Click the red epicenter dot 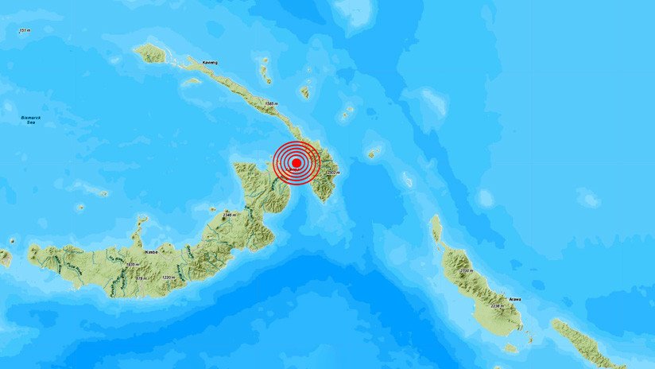pos(296,162)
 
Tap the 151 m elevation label pos(25,30)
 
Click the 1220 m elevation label pos(168,277)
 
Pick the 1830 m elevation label pos(133,265)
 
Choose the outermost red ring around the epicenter pos(274,162)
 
